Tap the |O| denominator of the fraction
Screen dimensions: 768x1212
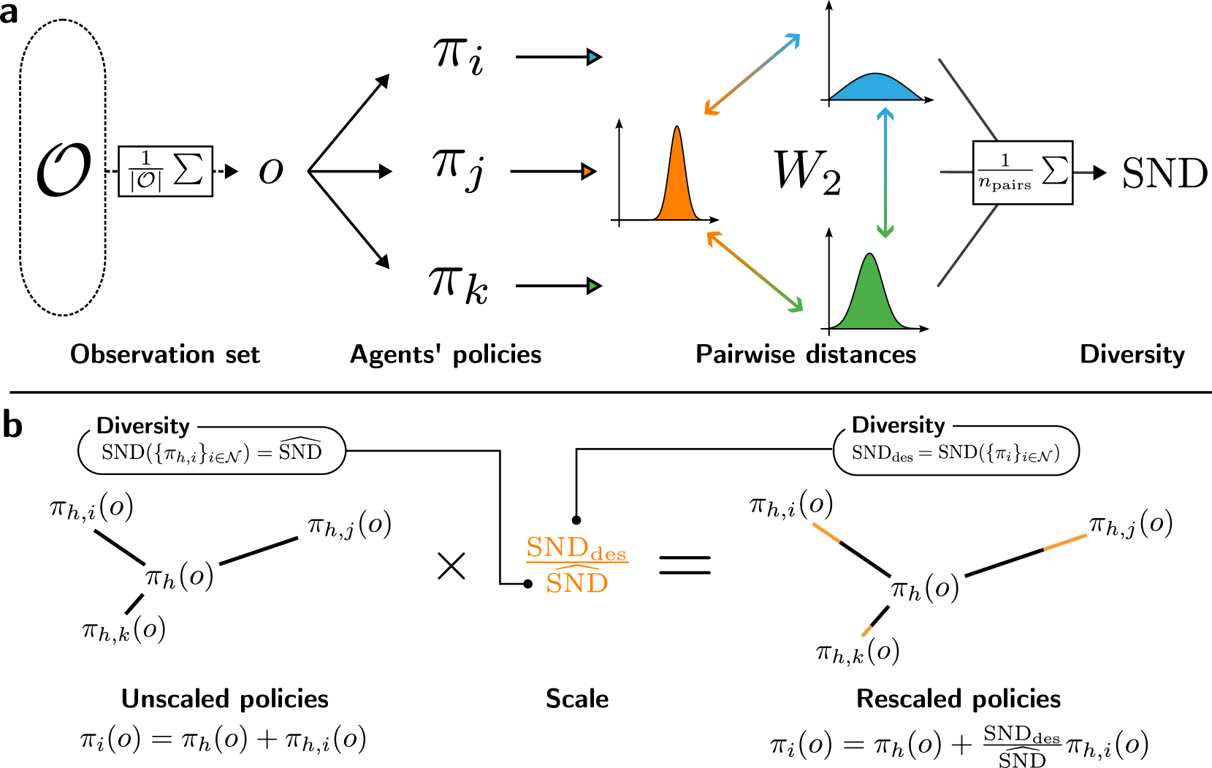point(145,181)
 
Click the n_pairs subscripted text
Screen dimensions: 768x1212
point(1005,184)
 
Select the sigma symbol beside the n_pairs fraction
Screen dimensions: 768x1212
point(1054,170)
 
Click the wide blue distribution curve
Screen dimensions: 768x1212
point(875,88)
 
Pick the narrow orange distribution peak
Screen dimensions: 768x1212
point(677,183)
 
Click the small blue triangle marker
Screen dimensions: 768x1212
point(593,57)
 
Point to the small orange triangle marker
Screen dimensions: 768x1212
point(587,172)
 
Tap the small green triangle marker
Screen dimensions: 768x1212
point(593,286)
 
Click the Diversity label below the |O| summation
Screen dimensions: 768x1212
point(143,426)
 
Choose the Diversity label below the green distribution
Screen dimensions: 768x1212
point(899,425)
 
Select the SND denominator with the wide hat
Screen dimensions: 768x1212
point(576,582)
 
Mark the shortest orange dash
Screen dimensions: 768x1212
point(866,631)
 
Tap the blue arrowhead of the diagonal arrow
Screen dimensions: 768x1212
point(794,39)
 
